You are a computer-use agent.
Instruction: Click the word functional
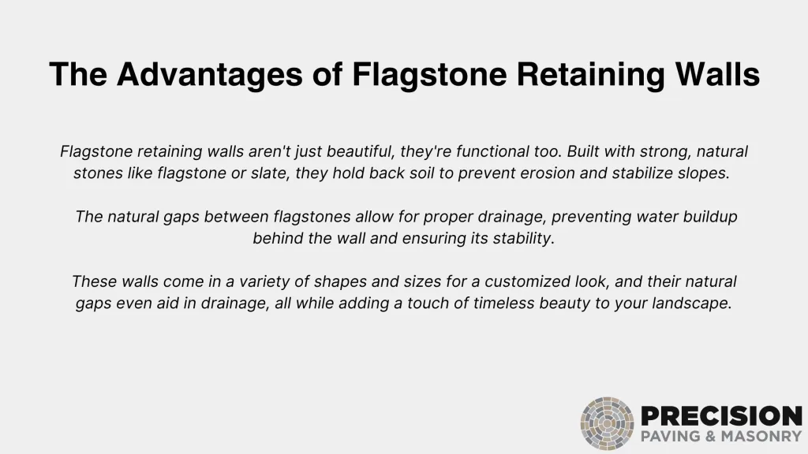point(492,151)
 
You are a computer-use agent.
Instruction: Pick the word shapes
point(340,281)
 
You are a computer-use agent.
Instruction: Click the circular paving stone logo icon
point(607,423)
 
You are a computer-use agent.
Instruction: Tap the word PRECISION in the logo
point(721,416)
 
